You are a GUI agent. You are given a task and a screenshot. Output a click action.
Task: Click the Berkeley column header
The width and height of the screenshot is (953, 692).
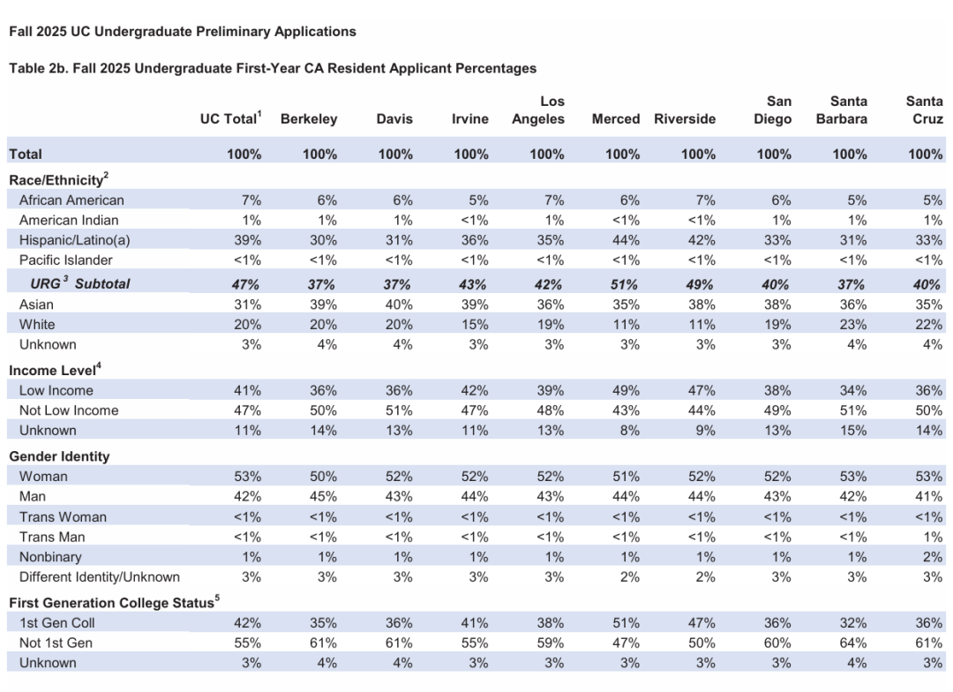(x=309, y=119)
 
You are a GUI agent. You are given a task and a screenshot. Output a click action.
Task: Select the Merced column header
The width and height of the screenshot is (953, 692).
(x=616, y=119)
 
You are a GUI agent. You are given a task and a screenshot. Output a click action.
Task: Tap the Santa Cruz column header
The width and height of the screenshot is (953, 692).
(x=925, y=110)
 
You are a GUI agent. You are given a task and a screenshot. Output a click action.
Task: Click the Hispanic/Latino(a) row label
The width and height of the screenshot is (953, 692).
(x=75, y=240)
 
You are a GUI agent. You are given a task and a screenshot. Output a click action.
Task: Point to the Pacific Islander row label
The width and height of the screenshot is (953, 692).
(x=65, y=260)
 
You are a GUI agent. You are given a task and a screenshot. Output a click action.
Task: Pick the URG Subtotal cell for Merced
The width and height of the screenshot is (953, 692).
(x=624, y=284)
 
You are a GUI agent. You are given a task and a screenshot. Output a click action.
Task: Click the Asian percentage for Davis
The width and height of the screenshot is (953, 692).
(x=399, y=305)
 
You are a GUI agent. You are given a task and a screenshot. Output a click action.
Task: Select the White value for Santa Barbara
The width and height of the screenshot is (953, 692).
(x=853, y=325)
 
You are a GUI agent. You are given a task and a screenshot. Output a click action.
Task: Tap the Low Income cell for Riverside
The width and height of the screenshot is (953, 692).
(x=702, y=390)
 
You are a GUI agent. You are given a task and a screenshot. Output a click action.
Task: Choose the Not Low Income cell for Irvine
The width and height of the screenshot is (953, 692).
(x=474, y=410)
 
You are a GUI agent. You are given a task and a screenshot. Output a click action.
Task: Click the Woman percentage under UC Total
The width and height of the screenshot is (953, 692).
(x=247, y=477)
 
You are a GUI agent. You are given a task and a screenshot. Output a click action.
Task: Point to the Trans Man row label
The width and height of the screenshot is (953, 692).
(x=52, y=537)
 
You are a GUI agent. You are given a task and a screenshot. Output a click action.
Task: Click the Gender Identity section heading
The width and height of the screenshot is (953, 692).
(x=60, y=456)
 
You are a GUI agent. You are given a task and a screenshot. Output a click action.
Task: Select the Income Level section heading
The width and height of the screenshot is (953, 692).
(x=55, y=370)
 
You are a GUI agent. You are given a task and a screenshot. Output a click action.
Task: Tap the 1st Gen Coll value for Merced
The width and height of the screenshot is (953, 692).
(x=626, y=623)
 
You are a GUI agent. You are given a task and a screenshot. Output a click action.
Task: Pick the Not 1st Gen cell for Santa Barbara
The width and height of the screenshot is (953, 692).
(x=853, y=643)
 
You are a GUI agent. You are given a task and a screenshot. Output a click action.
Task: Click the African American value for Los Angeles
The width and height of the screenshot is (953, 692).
(x=553, y=200)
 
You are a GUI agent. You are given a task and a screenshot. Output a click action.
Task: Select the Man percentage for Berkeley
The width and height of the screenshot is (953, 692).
(x=323, y=497)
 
